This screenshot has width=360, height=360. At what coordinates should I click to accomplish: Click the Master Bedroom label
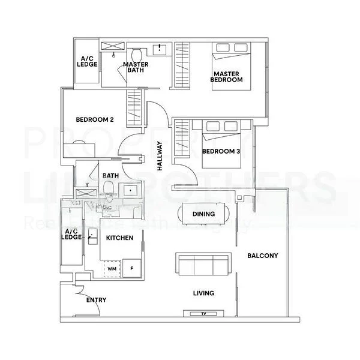(x=227, y=76)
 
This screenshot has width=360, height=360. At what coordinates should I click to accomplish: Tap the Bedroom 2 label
(x=95, y=119)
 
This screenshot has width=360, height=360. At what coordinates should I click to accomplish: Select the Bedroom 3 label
(x=221, y=151)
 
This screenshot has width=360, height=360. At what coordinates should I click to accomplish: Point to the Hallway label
(x=160, y=157)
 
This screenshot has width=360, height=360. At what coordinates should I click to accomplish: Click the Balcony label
(x=262, y=256)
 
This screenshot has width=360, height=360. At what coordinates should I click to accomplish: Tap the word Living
(x=204, y=293)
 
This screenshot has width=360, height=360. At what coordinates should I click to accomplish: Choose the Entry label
(x=97, y=299)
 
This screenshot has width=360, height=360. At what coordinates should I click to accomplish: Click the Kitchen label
(x=119, y=238)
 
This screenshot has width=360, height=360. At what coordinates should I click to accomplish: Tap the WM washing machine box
(x=112, y=269)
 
